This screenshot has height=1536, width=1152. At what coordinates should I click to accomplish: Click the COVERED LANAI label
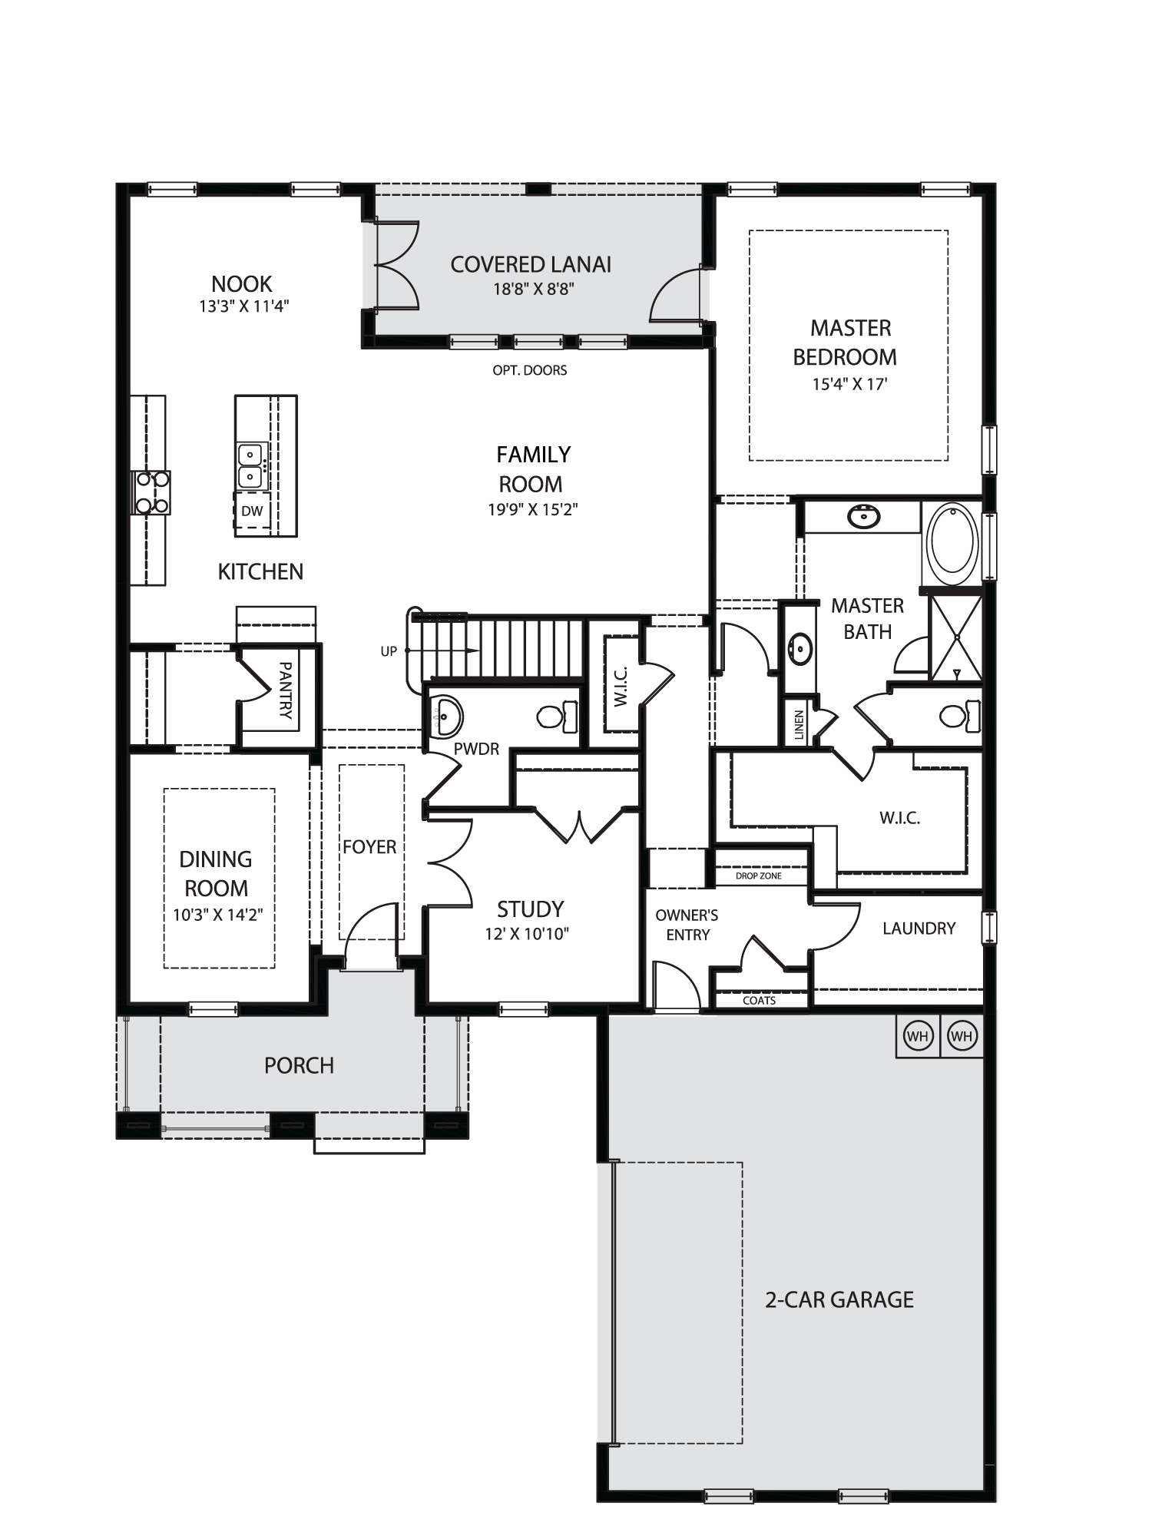(531, 265)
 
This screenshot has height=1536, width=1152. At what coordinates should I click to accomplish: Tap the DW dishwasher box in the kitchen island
(252, 511)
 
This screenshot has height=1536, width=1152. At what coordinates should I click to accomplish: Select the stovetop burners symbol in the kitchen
(152, 492)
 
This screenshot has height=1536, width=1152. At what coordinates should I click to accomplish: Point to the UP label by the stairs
(389, 651)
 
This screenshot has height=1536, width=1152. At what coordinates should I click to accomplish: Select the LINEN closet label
(799, 725)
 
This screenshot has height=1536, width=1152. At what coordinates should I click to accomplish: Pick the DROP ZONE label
(758, 876)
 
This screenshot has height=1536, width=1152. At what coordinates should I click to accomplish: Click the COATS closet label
(759, 1001)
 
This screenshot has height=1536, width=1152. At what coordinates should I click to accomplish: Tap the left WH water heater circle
(918, 1036)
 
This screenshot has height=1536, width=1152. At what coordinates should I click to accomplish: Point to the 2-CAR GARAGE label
(839, 1299)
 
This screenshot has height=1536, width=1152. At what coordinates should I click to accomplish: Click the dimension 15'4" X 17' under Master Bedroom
(849, 384)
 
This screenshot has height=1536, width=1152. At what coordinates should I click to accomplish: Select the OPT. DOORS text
(530, 370)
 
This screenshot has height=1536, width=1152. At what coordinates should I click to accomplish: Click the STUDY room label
(530, 909)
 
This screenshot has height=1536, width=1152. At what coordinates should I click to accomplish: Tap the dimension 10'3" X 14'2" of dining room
(218, 915)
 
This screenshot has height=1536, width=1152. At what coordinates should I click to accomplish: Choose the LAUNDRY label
(919, 929)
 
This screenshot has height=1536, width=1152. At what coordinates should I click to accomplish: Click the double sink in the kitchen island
(251, 466)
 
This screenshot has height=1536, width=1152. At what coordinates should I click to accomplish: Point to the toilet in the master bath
(961, 716)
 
